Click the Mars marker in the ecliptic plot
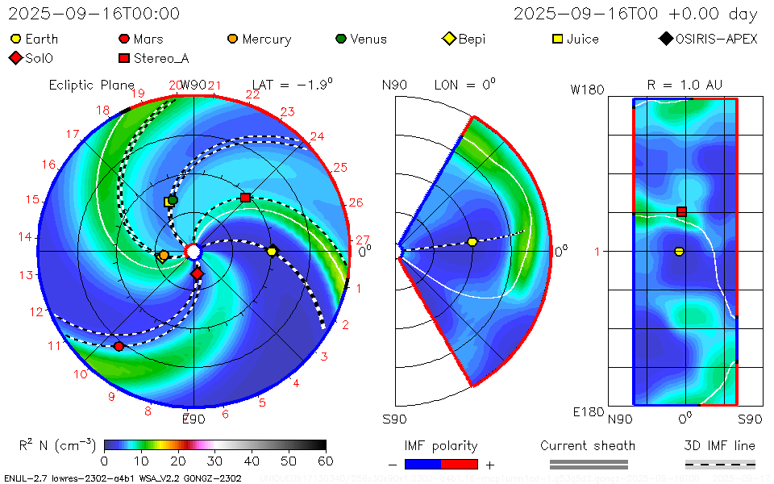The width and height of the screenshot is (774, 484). coord(119,346)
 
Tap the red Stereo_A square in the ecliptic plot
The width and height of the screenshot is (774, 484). coord(246,198)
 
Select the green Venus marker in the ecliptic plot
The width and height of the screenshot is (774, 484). coord(173,200)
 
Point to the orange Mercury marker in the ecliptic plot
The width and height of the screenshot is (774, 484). coord(164,256)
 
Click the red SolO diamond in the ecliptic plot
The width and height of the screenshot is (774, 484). coord(198,274)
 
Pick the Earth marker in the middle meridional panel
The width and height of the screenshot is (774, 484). coord(472,242)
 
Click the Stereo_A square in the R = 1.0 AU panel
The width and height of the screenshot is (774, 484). coord(681,211)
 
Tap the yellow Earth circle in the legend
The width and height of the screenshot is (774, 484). coord(15,39)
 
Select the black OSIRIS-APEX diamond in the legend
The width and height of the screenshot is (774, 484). coord(665,39)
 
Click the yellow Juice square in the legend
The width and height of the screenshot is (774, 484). coord(557,39)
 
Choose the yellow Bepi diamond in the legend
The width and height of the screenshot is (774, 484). coord(449,39)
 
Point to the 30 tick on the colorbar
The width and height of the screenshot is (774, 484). coord(215,461)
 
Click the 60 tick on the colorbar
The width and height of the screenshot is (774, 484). coord(326,461)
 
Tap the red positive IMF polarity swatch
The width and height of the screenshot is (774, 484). coord(460,465)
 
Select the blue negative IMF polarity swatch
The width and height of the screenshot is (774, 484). coord(423,465)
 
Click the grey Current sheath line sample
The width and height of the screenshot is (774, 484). coord(588,464)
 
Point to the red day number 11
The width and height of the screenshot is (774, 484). coord(55,346)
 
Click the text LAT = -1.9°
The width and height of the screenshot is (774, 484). coord(292,84)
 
